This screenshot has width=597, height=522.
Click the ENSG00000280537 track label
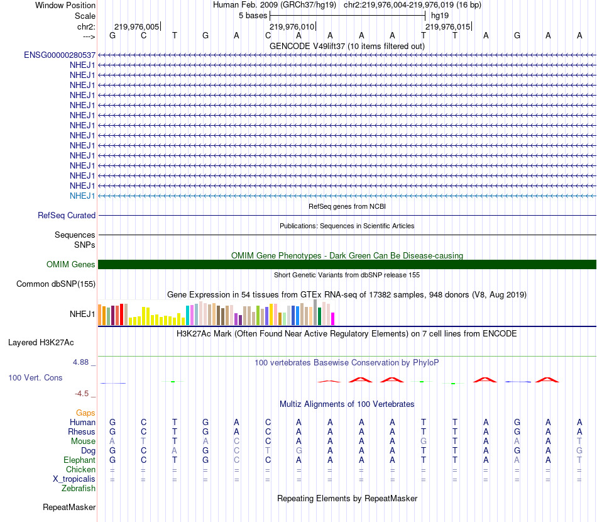[60, 55]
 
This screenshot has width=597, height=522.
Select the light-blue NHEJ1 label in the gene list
[82, 196]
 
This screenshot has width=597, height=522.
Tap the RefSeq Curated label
[67, 215]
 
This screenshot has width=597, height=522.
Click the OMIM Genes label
[71, 265]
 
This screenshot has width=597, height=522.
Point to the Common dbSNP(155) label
[56, 284]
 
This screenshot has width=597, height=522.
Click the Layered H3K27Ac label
[41, 343]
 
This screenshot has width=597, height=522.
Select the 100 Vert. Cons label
[35, 378]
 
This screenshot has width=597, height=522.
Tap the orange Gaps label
[85, 413]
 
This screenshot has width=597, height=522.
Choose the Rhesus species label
[82, 432]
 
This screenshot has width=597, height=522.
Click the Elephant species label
[79, 460]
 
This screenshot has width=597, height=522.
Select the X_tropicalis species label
[74, 479]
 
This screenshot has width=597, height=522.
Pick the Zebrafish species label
[79, 489]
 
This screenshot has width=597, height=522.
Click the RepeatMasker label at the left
[69, 507]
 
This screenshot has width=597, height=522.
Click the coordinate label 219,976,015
[447, 27]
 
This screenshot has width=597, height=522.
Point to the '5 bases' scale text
[253, 15]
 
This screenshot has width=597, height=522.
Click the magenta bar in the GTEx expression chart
[332, 319]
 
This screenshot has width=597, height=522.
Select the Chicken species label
[80, 470]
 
